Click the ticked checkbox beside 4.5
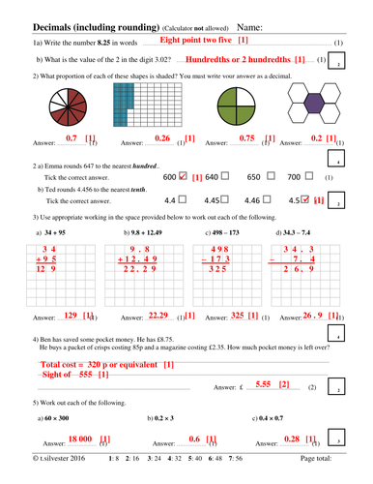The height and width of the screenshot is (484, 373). pyautogui.click(x=306, y=199)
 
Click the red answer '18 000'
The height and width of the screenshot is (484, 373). pyautogui.click(x=79, y=439)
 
